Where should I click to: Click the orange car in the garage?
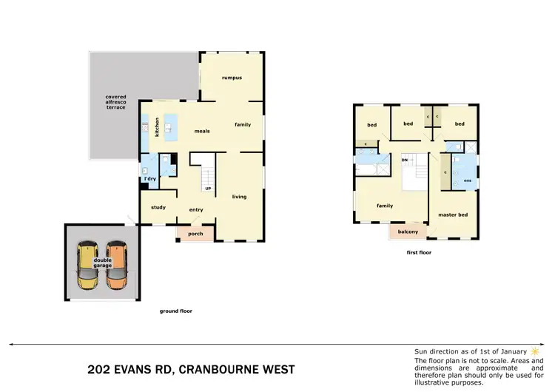tap(116, 266)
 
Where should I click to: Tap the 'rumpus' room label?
tap(232, 78)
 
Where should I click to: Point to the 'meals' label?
tap(202, 131)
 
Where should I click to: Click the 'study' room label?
tap(158, 207)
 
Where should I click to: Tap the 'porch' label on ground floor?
tap(195, 234)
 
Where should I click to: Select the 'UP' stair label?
tap(209, 189)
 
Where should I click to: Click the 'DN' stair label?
tap(405, 160)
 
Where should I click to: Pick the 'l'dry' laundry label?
tap(150, 179)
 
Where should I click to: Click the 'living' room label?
tap(239, 196)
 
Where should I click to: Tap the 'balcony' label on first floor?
tap(408, 232)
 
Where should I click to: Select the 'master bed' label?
tap(452, 215)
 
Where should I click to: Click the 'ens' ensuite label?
tap(466, 180)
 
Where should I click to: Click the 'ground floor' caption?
tap(175, 311)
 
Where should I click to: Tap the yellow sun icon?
tap(534, 351)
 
